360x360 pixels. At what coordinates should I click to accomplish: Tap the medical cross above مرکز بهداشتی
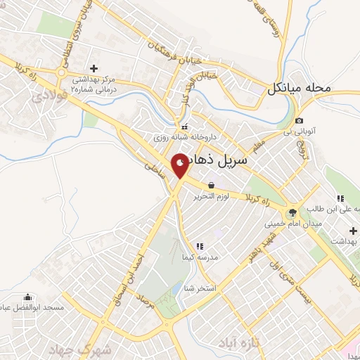click(94, 67)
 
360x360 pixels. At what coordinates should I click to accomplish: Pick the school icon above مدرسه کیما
click(200, 246)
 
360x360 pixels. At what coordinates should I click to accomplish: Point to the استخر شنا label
click(199, 288)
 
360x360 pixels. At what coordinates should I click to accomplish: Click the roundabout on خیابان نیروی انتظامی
click(63, 72)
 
